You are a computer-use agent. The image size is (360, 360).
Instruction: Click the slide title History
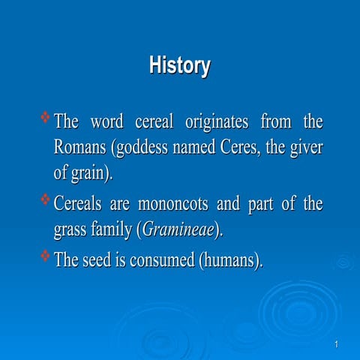tap(179, 66)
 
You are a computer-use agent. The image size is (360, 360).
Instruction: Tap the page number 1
tap(337, 344)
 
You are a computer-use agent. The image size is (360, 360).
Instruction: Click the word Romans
tap(80, 148)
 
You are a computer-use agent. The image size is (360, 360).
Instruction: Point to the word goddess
tap(140, 148)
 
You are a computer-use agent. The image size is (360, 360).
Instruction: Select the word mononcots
tap(175, 203)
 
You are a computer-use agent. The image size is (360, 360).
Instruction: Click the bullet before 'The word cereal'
tap(45, 117)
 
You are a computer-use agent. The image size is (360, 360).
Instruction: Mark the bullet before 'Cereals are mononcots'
tap(45, 199)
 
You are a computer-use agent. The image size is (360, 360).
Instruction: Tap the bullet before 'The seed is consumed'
tap(45, 257)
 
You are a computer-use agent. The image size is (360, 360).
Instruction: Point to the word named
tap(193, 148)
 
